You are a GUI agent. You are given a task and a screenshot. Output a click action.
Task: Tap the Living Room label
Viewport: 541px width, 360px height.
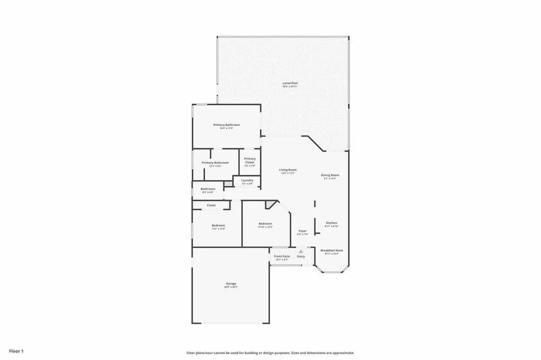[x=288, y=169]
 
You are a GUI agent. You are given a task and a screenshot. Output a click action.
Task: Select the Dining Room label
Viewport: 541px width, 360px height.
[x=330, y=175]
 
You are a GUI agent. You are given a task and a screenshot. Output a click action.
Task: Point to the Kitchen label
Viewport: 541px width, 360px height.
[x=331, y=223]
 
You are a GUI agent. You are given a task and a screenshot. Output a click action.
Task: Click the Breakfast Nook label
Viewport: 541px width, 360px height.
[x=332, y=250]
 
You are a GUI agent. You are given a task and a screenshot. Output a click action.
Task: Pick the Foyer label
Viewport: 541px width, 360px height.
[x=302, y=231]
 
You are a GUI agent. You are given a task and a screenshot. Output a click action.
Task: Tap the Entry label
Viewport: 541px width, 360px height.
[x=301, y=257]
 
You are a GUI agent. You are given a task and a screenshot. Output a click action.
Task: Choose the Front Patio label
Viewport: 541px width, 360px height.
[x=282, y=257]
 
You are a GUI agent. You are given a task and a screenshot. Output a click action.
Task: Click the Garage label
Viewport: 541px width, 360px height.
[x=231, y=283]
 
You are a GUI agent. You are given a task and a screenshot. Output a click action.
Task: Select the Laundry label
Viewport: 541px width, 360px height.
[x=247, y=181]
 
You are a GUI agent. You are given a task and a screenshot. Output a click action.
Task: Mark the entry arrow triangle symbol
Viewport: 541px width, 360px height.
[x=301, y=252]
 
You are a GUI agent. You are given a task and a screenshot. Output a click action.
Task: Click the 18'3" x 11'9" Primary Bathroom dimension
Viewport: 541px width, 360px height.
[x=227, y=128]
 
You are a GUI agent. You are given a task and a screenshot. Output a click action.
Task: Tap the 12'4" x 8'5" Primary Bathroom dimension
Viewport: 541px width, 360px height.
[x=215, y=166]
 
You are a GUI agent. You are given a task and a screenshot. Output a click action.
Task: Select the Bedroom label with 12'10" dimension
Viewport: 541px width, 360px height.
[x=265, y=224]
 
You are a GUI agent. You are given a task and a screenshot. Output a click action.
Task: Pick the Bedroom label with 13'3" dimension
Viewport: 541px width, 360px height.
[x=219, y=225]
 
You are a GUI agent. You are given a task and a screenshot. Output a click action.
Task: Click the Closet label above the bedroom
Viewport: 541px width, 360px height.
[x=211, y=205]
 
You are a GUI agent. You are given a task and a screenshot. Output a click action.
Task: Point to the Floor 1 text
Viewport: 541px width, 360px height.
[x=16, y=350]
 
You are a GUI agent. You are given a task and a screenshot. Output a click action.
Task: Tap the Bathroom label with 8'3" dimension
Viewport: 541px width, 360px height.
[x=208, y=188]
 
